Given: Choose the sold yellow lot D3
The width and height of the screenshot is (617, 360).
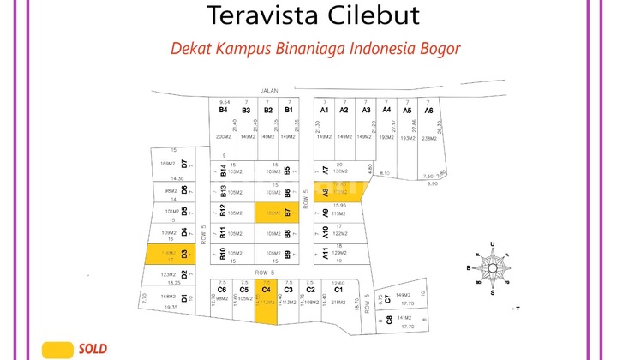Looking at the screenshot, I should click(168, 255).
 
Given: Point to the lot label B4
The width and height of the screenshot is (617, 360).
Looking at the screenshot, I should click(223, 110).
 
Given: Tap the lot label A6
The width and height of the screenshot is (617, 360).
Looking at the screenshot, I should click(429, 111).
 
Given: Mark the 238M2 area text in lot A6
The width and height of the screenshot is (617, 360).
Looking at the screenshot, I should click(429, 138).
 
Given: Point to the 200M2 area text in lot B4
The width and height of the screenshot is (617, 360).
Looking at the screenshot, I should click(225, 137).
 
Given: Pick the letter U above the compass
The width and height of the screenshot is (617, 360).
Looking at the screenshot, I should click(492, 244).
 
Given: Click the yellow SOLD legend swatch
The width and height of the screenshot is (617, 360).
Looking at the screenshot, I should click(57, 349).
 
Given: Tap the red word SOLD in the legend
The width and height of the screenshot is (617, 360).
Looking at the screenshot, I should click(92, 349).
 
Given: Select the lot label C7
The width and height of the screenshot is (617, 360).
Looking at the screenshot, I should click(387, 297).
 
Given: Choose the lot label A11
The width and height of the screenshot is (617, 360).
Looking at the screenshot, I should click(325, 253).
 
